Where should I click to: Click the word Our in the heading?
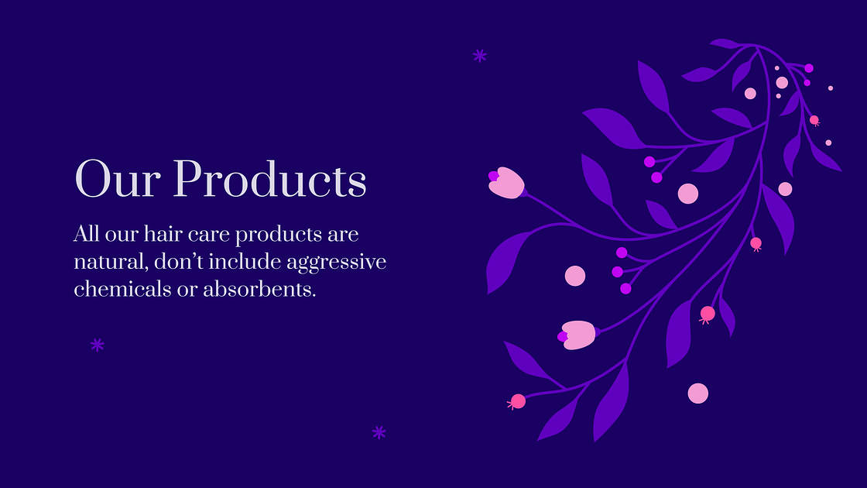(117, 179)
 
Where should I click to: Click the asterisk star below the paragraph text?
(97, 345)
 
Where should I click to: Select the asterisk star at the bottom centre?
(379, 432)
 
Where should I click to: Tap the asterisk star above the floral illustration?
(480, 55)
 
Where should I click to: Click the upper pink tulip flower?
(506, 183)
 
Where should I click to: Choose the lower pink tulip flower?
(577, 335)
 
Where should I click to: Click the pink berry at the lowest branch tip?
(518, 401)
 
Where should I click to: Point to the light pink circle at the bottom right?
(698, 393)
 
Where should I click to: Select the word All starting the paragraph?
(87, 235)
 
